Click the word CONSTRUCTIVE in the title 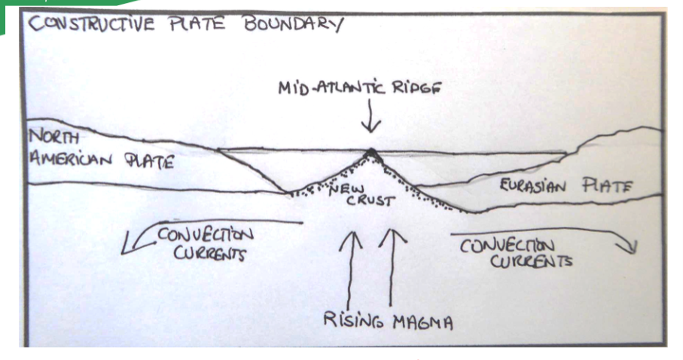click(91, 23)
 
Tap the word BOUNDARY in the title click(294, 23)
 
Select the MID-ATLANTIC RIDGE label click(360, 88)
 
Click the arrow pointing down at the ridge click(370, 116)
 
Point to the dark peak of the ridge click(371, 154)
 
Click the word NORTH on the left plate click(54, 137)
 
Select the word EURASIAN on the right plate click(532, 186)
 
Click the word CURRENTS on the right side click(531, 261)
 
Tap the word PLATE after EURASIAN click(607, 186)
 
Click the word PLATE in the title click(197, 23)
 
